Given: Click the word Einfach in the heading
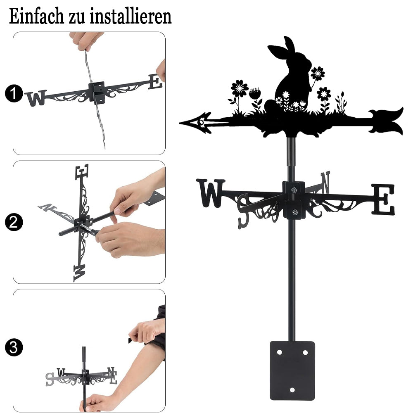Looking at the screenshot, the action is pos(36,17).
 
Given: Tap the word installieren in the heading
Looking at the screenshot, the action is pos(131,17).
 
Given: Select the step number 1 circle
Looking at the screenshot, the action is pos(14,93).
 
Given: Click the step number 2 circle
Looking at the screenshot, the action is pos(14,222).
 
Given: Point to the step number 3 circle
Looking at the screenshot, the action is pos(14,347).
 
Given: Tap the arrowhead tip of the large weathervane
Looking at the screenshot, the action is pos(180,123).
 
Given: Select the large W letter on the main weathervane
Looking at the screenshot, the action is pos(211,193).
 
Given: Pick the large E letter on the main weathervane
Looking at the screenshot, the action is pos(383,199).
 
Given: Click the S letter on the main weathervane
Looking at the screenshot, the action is pos(243,211).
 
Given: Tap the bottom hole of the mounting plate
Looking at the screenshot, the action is pos(292,390).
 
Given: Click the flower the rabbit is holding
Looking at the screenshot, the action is pos(318,74).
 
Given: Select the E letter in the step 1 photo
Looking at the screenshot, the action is pos(155,81).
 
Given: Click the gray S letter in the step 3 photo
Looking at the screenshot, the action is pos(50,379).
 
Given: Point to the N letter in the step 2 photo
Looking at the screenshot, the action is pos(47,208).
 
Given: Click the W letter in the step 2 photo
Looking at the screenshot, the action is pos(79,273).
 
